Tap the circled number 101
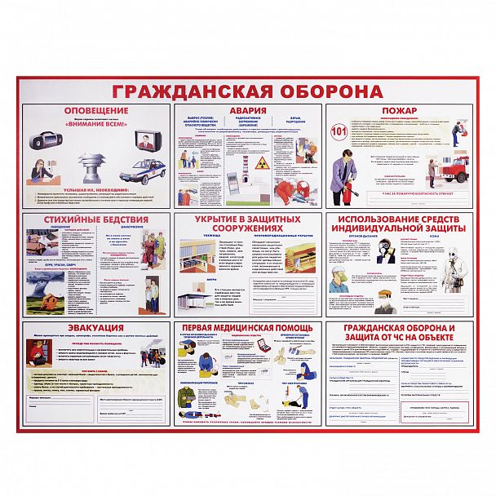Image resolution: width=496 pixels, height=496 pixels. [x=339, y=131]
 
